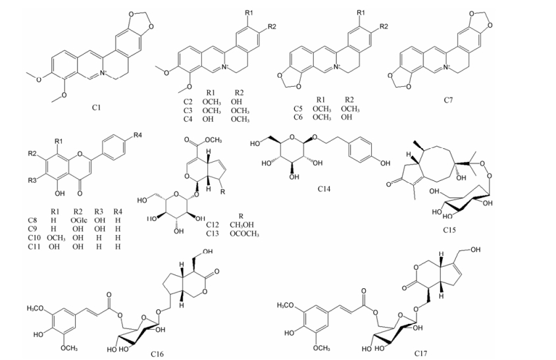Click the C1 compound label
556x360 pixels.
[97, 106]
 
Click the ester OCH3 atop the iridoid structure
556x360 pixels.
[213, 140]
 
